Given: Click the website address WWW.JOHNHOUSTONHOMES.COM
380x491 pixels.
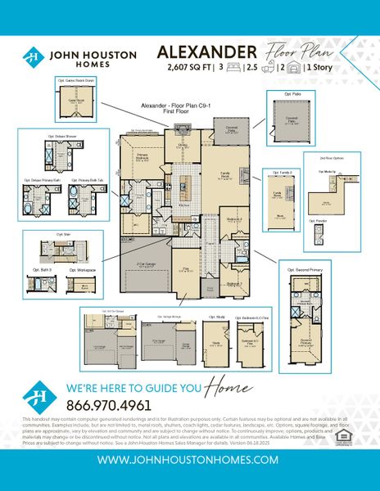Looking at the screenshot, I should coord(190,460).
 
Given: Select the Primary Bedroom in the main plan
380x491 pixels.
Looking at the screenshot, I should coord(142,158).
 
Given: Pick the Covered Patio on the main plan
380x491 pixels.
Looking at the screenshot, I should coord(224,128).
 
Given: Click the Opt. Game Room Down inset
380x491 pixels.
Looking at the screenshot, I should coord(77,98).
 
